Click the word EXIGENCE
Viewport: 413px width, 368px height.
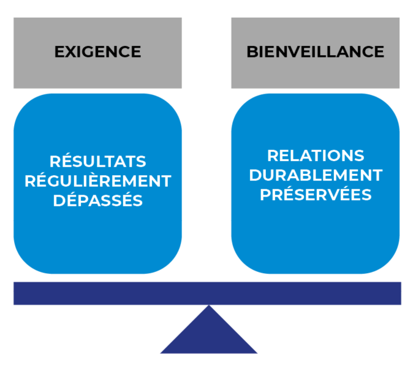point(97,52)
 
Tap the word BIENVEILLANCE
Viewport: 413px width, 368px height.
point(315,52)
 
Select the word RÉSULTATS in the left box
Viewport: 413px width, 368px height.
point(97,162)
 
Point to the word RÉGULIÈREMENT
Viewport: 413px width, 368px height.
point(97,181)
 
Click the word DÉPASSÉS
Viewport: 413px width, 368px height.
point(97,201)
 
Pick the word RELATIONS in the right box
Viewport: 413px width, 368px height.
point(315,156)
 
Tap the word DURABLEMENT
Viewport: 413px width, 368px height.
point(315,175)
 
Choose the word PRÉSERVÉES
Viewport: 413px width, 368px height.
point(315,195)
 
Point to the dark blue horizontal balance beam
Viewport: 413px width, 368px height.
point(123,293)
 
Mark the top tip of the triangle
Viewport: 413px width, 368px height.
point(209,306)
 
